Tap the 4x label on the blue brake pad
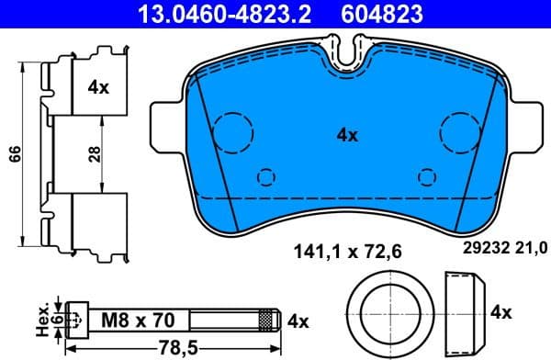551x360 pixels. coord(346,135)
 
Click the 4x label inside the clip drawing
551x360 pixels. coord(98,88)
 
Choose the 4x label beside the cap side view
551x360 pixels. coord(500,312)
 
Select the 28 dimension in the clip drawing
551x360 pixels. coord(95,153)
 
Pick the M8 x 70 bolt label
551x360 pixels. coord(138,321)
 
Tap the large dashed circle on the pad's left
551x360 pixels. coord(232,131)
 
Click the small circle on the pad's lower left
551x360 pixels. coord(266,176)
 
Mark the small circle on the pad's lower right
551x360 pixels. coord(426,176)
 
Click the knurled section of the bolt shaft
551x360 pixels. coord(267,321)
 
